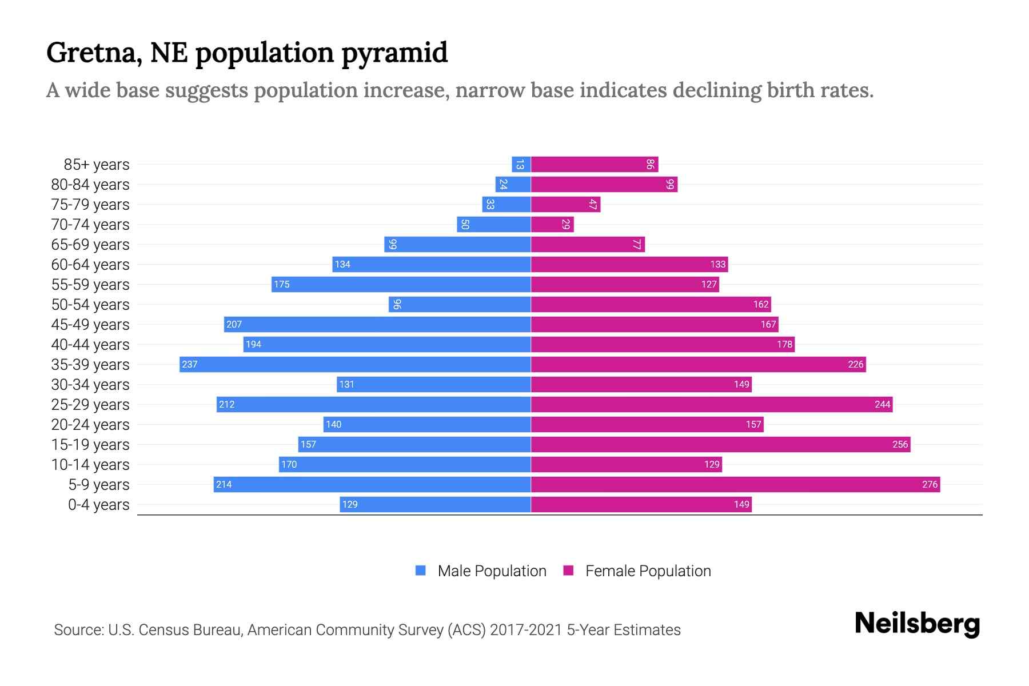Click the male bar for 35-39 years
click(x=354, y=364)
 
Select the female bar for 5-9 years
click(x=735, y=484)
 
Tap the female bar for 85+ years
click(x=595, y=164)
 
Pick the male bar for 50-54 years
click(x=460, y=304)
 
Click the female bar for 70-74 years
click(x=552, y=224)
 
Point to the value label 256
click(x=900, y=444)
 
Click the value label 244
click(x=882, y=404)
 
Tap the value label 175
click(x=282, y=284)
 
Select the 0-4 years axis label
click(x=98, y=505)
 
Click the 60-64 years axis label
click(x=90, y=265)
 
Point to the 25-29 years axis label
click(x=90, y=405)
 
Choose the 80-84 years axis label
click(x=90, y=185)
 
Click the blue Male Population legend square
click(x=421, y=571)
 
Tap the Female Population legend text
click(x=648, y=571)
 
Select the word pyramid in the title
click(x=394, y=53)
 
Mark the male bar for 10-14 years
click(x=405, y=464)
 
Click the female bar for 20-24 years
click(x=647, y=424)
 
